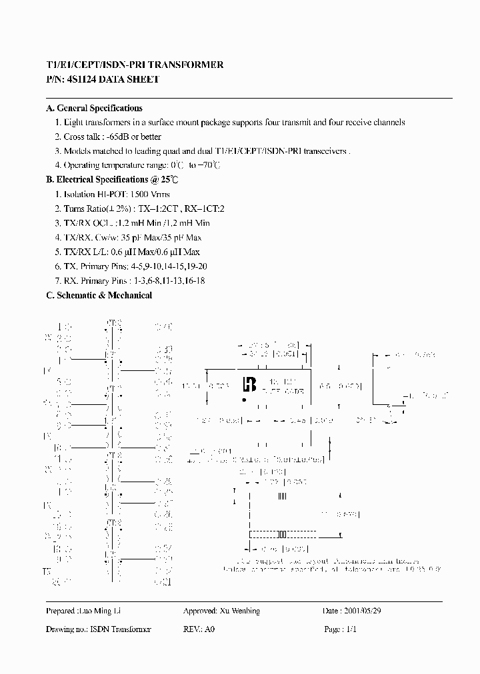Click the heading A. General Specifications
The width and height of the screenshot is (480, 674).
point(94,108)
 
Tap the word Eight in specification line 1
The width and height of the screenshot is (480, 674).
point(73,123)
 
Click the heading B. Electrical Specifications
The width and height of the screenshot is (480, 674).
point(111,180)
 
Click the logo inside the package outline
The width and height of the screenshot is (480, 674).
point(250,384)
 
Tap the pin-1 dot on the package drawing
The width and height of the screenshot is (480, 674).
point(245,400)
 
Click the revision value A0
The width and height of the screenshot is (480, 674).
point(211,629)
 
